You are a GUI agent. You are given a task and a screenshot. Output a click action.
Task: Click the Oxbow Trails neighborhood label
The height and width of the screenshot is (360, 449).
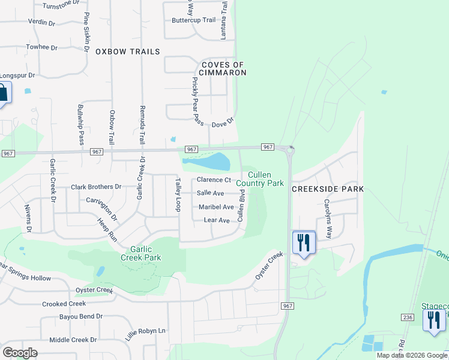[128, 52]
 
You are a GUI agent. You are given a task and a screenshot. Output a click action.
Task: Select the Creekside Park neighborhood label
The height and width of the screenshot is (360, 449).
[328, 189]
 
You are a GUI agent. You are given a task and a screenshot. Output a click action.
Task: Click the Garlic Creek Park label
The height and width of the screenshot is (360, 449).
[144, 253]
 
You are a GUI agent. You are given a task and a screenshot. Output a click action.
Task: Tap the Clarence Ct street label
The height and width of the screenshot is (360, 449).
[214, 180]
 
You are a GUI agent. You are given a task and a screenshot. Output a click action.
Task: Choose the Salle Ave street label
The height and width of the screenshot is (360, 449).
[210, 193]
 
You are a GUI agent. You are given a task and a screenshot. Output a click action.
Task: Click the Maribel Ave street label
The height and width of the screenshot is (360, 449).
[216, 207]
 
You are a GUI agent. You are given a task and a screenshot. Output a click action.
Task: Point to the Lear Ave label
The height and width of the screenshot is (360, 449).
[217, 220]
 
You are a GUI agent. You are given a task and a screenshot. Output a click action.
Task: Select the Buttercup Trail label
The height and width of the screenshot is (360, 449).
[193, 20]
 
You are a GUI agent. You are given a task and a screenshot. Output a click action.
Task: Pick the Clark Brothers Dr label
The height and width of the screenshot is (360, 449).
[96, 187]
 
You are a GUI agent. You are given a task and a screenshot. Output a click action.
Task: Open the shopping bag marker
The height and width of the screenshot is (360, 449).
[2, 93]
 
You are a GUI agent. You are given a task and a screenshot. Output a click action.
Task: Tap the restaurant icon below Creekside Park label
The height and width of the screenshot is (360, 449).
[303, 242]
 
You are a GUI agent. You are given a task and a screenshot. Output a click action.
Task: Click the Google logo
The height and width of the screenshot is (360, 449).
[20, 352]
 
